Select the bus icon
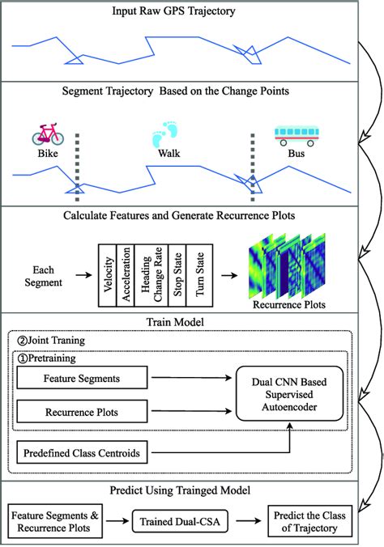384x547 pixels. (292, 134)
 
